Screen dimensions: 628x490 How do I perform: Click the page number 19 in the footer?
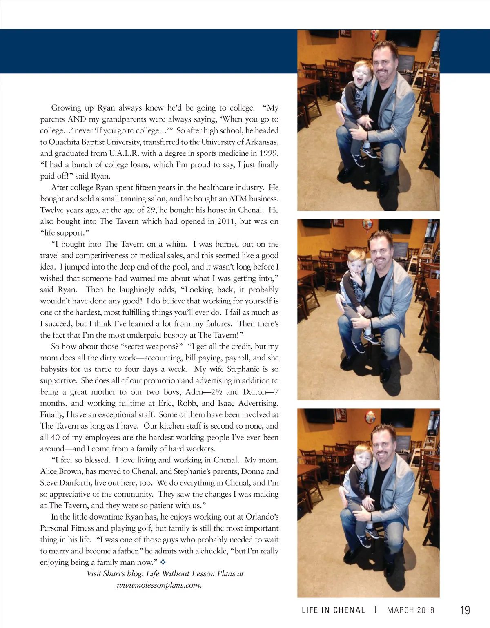click(x=465, y=610)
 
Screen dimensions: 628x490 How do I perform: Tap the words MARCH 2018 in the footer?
click(x=410, y=610)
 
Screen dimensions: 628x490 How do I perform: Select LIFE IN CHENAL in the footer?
click(x=333, y=610)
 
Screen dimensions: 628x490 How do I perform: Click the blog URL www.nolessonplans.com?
click(x=159, y=585)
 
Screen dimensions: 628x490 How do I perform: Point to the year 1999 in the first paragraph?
click(x=269, y=153)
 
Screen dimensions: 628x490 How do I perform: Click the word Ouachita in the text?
click(x=64, y=142)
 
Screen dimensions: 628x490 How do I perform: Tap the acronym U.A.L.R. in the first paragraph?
click(x=124, y=153)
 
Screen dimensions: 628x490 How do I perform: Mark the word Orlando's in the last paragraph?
click(x=263, y=517)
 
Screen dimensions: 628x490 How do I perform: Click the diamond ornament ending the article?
click(x=163, y=562)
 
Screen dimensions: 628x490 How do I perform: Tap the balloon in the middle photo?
click(x=367, y=224)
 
